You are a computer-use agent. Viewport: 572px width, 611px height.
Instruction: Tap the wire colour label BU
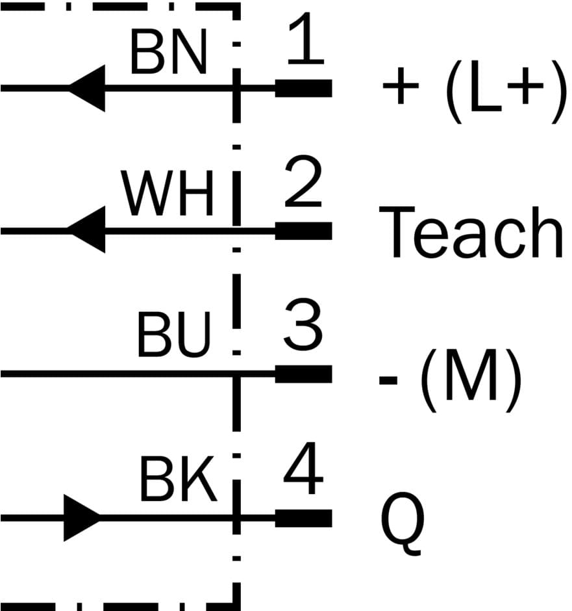pos(175,336)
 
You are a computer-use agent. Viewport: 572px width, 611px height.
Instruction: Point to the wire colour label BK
pos(177,481)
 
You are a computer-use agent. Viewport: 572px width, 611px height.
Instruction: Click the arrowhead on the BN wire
pos(87,88)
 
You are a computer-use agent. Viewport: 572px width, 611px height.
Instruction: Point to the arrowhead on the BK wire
pos(82,518)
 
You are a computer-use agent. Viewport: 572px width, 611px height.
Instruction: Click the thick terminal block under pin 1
pos(304,88)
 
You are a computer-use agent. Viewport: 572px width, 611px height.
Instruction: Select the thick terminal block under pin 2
pos(304,231)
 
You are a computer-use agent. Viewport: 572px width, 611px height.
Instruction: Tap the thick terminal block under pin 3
pos(304,374)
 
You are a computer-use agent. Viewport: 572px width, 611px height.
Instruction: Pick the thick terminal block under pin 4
pos(304,518)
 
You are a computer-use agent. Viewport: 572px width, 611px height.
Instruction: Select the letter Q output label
pos(403,523)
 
